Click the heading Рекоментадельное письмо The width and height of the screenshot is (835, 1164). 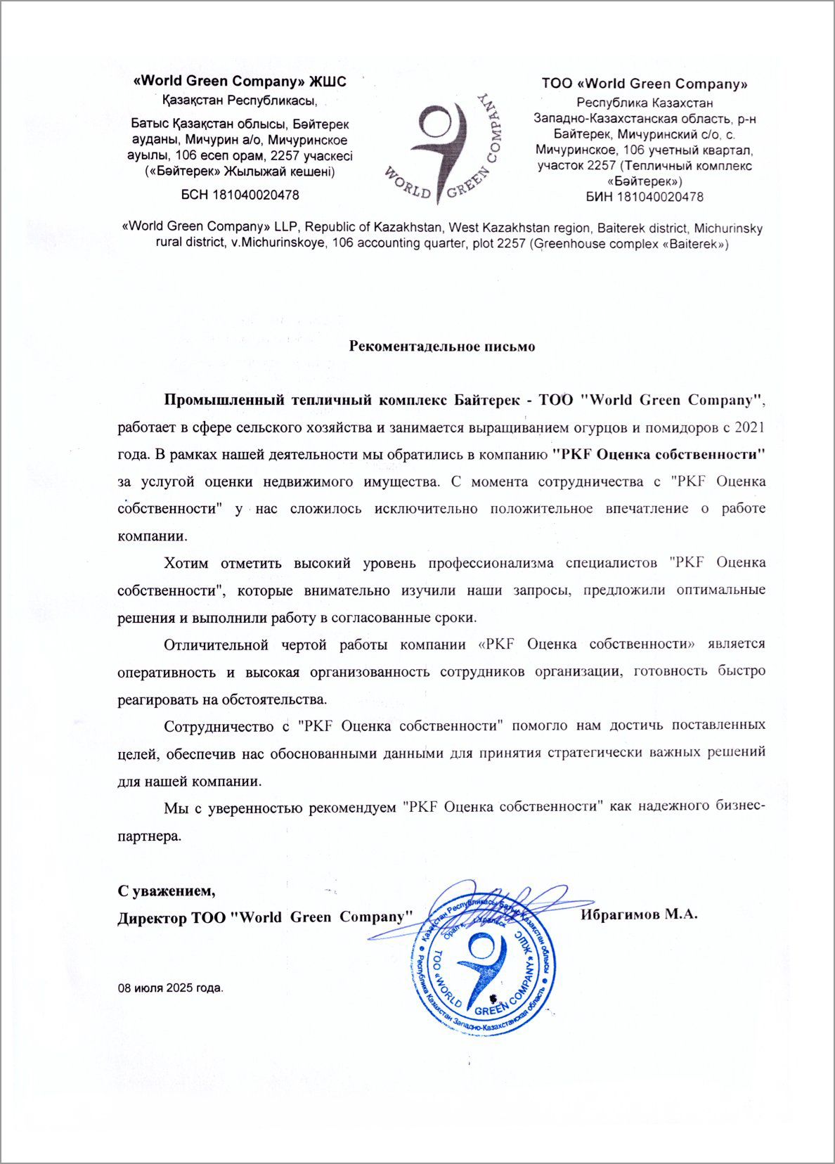[442, 347]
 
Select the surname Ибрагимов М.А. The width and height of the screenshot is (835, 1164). [639, 914]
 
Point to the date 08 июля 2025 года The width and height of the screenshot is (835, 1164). [170, 988]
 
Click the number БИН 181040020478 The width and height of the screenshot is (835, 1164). [645, 197]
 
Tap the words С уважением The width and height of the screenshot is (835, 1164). [167, 891]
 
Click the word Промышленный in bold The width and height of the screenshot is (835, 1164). [222, 401]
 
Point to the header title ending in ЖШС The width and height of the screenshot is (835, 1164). [240, 82]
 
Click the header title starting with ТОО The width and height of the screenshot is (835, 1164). [645, 84]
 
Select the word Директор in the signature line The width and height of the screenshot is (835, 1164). [151, 917]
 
